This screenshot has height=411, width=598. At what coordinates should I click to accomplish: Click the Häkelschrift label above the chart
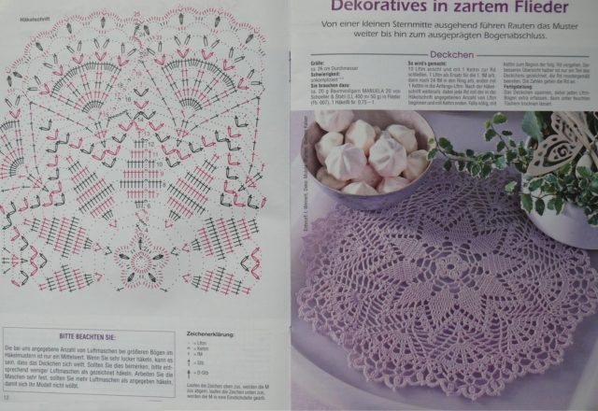coord(21,19)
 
